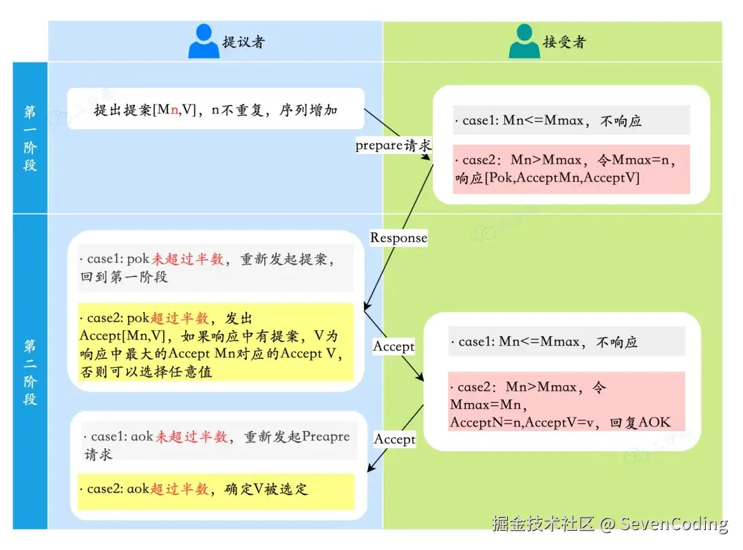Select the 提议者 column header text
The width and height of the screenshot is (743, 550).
244,42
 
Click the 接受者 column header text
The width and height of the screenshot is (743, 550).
565,42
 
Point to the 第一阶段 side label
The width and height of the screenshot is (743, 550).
30,137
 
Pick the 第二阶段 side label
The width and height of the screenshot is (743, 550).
30,371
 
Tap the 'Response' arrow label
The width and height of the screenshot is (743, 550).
399,238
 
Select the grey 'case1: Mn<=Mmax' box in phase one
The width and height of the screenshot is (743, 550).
571,120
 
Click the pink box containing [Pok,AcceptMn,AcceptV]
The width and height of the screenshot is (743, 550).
571,169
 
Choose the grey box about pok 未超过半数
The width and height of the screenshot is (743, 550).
215,268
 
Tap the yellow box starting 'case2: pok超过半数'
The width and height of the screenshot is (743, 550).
215,342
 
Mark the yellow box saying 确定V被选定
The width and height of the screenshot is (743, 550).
215,489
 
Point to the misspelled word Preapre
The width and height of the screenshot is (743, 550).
325,437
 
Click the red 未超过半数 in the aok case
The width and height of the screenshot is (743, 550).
185,437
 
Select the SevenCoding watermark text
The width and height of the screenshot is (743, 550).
674,524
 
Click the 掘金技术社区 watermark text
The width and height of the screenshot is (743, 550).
543,524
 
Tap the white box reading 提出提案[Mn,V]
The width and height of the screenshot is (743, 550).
215,109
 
